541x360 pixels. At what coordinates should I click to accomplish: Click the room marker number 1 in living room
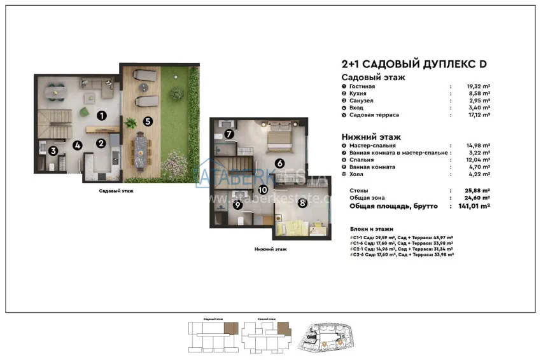click(x=101, y=115)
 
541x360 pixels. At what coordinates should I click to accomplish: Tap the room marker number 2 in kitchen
click(x=101, y=143)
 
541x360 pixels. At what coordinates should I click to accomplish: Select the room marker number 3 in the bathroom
click(x=54, y=151)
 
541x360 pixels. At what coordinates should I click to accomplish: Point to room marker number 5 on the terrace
click(x=147, y=120)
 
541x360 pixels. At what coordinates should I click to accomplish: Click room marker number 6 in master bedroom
click(x=279, y=163)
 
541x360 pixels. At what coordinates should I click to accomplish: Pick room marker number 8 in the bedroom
click(x=302, y=203)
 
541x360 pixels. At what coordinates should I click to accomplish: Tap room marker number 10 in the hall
click(x=262, y=190)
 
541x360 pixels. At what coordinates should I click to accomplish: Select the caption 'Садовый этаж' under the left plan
click(x=116, y=191)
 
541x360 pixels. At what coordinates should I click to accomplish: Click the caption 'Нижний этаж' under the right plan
click(x=270, y=249)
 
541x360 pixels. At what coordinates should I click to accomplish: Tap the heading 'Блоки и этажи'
click(x=372, y=228)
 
